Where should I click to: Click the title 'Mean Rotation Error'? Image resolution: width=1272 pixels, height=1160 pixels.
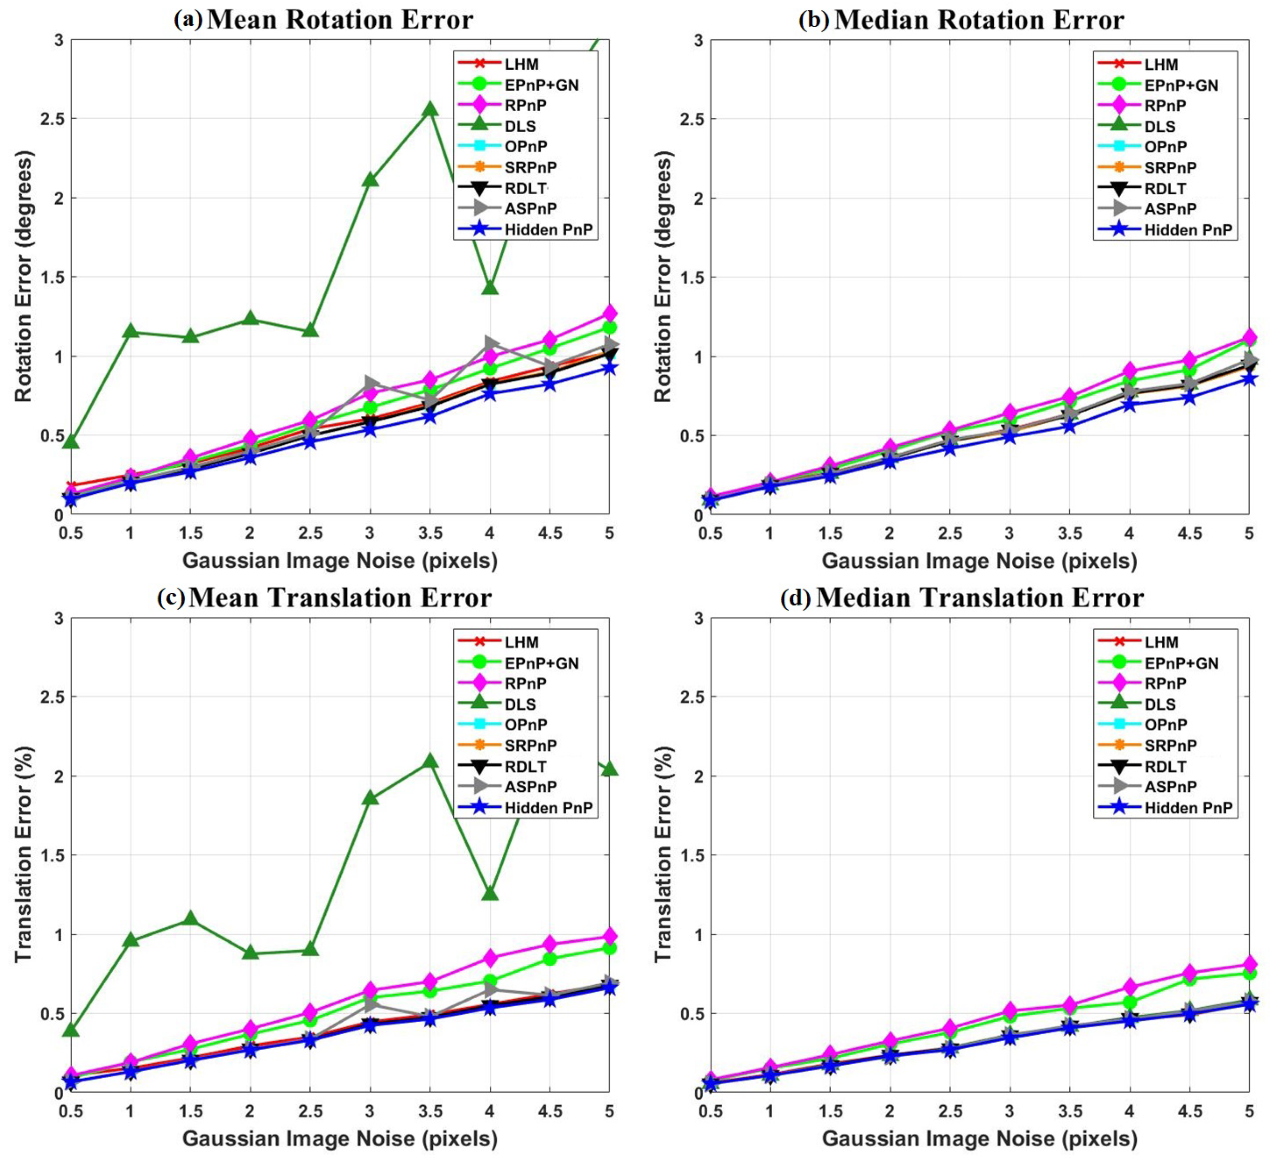pyautogui.click(x=340, y=19)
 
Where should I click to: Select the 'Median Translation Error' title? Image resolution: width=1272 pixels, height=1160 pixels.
pyautogui.click(x=980, y=597)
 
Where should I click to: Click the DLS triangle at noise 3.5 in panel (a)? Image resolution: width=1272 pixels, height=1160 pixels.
pyautogui.click(x=430, y=108)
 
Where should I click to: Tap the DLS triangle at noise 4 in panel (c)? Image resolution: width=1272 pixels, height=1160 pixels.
pyautogui.click(x=490, y=893)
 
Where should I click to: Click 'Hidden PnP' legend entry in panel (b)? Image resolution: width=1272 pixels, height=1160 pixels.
pyautogui.click(x=1188, y=230)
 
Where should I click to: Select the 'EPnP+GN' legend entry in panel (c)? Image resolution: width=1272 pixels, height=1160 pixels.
pyautogui.click(x=541, y=663)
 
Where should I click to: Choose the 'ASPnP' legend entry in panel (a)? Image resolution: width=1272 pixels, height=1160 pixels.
pyautogui.click(x=531, y=208)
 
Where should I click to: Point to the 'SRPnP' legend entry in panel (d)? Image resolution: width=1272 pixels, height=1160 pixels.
pyautogui.click(x=1171, y=746)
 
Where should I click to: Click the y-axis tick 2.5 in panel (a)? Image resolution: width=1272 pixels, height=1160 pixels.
pyautogui.click(x=52, y=119)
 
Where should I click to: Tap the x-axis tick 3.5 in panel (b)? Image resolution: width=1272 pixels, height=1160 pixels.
pyautogui.click(x=1069, y=533)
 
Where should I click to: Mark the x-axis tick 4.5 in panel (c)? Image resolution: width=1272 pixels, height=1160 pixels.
pyautogui.click(x=550, y=1111)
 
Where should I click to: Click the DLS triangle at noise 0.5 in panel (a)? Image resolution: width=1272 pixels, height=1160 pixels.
pyautogui.click(x=71, y=442)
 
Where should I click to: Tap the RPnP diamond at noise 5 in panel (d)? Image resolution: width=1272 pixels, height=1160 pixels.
pyautogui.click(x=1248, y=964)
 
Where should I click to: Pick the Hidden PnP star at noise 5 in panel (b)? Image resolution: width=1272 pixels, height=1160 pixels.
pyautogui.click(x=1248, y=379)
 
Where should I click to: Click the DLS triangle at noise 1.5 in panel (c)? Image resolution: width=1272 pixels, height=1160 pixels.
pyautogui.click(x=190, y=918)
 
